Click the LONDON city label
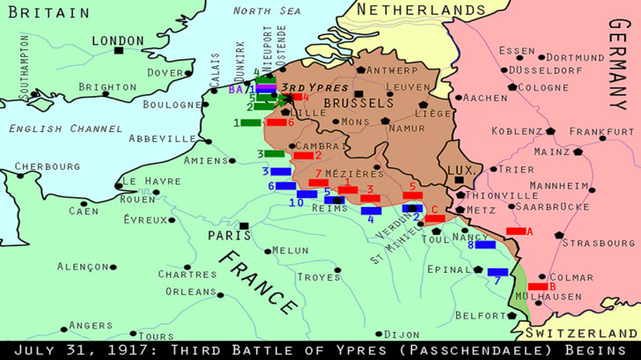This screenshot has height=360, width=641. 117,40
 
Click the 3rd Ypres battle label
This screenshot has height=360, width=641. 317,87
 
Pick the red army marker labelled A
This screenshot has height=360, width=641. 516,231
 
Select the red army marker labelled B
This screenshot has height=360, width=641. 538,287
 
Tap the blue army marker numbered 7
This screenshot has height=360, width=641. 497,272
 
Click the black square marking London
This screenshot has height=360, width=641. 118,51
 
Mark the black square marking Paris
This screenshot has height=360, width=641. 244,226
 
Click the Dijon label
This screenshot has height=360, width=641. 402,334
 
